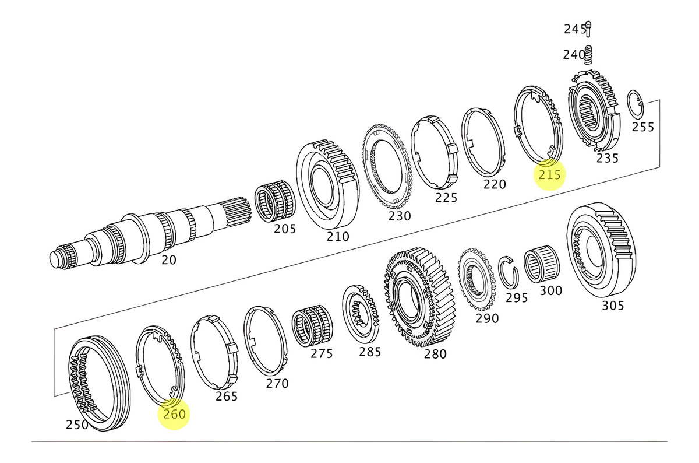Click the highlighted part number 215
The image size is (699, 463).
click(x=549, y=174)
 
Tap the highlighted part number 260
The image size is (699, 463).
click(x=174, y=414)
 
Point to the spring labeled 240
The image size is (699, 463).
click(x=588, y=55)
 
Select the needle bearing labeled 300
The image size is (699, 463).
click(x=542, y=265)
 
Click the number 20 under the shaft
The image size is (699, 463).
click(x=168, y=260)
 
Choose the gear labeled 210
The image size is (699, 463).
click(x=326, y=184)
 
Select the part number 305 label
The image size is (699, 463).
click(x=612, y=306)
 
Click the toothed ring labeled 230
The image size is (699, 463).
click(x=388, y=166)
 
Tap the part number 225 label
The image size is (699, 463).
click(x=446, y=198)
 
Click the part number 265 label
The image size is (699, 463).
click(x=226, y=397)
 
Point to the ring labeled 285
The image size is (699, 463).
click(x=361, y=315)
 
